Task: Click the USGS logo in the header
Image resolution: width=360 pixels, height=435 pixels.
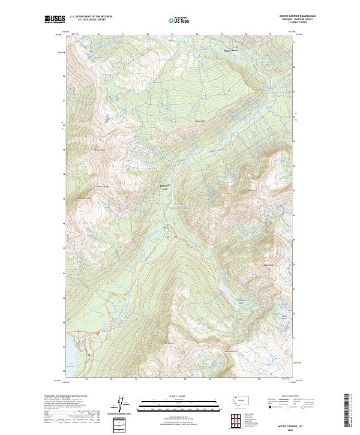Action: pyautogui.click(x=55, y=19)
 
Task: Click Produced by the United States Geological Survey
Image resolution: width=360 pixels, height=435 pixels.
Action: pyautogui.click(x=66, y=396)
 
